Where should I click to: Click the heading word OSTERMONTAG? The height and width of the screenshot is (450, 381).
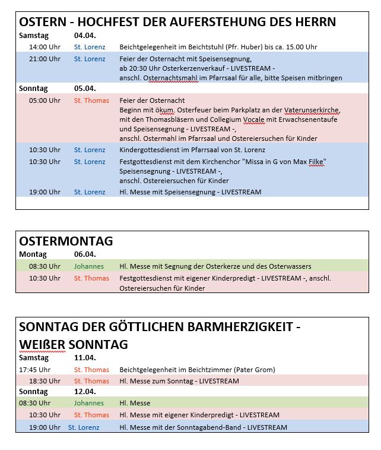[66, 241]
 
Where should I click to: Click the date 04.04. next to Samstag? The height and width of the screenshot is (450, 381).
[84, 35]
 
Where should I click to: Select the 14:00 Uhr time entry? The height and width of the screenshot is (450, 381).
[45, 47]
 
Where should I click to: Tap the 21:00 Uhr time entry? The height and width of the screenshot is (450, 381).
[45, 59]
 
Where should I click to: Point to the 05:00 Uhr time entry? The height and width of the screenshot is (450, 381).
[45, 100]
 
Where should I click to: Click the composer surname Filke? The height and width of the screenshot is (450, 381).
[316, 162]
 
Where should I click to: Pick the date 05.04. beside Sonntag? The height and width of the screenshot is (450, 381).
[84, 89]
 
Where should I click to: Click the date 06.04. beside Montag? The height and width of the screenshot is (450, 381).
[84, 254]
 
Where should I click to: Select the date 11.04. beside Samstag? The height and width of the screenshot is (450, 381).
[84, 358]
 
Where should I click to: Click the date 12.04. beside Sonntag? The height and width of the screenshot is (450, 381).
[84, 392]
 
